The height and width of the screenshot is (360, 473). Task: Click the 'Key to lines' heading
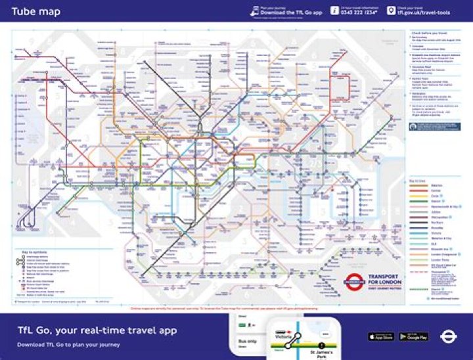tap(418, 179)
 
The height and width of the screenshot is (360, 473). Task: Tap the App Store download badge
tap(381, 336)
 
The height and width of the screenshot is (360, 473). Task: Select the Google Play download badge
tap(414, 336)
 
